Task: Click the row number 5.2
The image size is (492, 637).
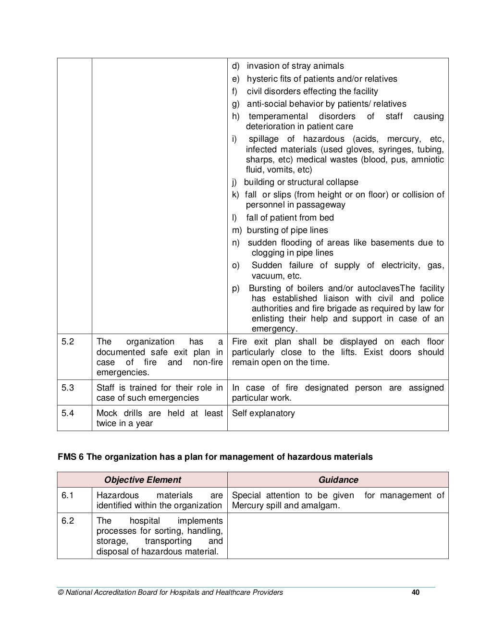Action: [68, 342]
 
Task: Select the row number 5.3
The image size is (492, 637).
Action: [68, 388]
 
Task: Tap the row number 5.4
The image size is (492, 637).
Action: [68, 413]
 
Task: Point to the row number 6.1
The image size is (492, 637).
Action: [67, 495]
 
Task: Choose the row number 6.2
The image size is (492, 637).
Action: [67, 521]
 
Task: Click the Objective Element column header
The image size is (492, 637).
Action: [142, 480]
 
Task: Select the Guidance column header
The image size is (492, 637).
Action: [338, 480]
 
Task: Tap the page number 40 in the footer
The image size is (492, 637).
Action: [416, 592]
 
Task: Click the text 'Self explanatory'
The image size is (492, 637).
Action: [263, 413]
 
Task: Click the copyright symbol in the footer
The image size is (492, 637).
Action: [60, 592]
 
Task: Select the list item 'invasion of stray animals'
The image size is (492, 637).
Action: [295, 66]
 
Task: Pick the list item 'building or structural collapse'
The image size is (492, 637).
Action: [301, 182]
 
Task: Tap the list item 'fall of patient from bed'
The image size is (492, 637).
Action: [290, 218]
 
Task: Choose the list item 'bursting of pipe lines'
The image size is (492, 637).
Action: [287, 230]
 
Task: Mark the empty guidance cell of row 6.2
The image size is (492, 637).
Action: [338, 536]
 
